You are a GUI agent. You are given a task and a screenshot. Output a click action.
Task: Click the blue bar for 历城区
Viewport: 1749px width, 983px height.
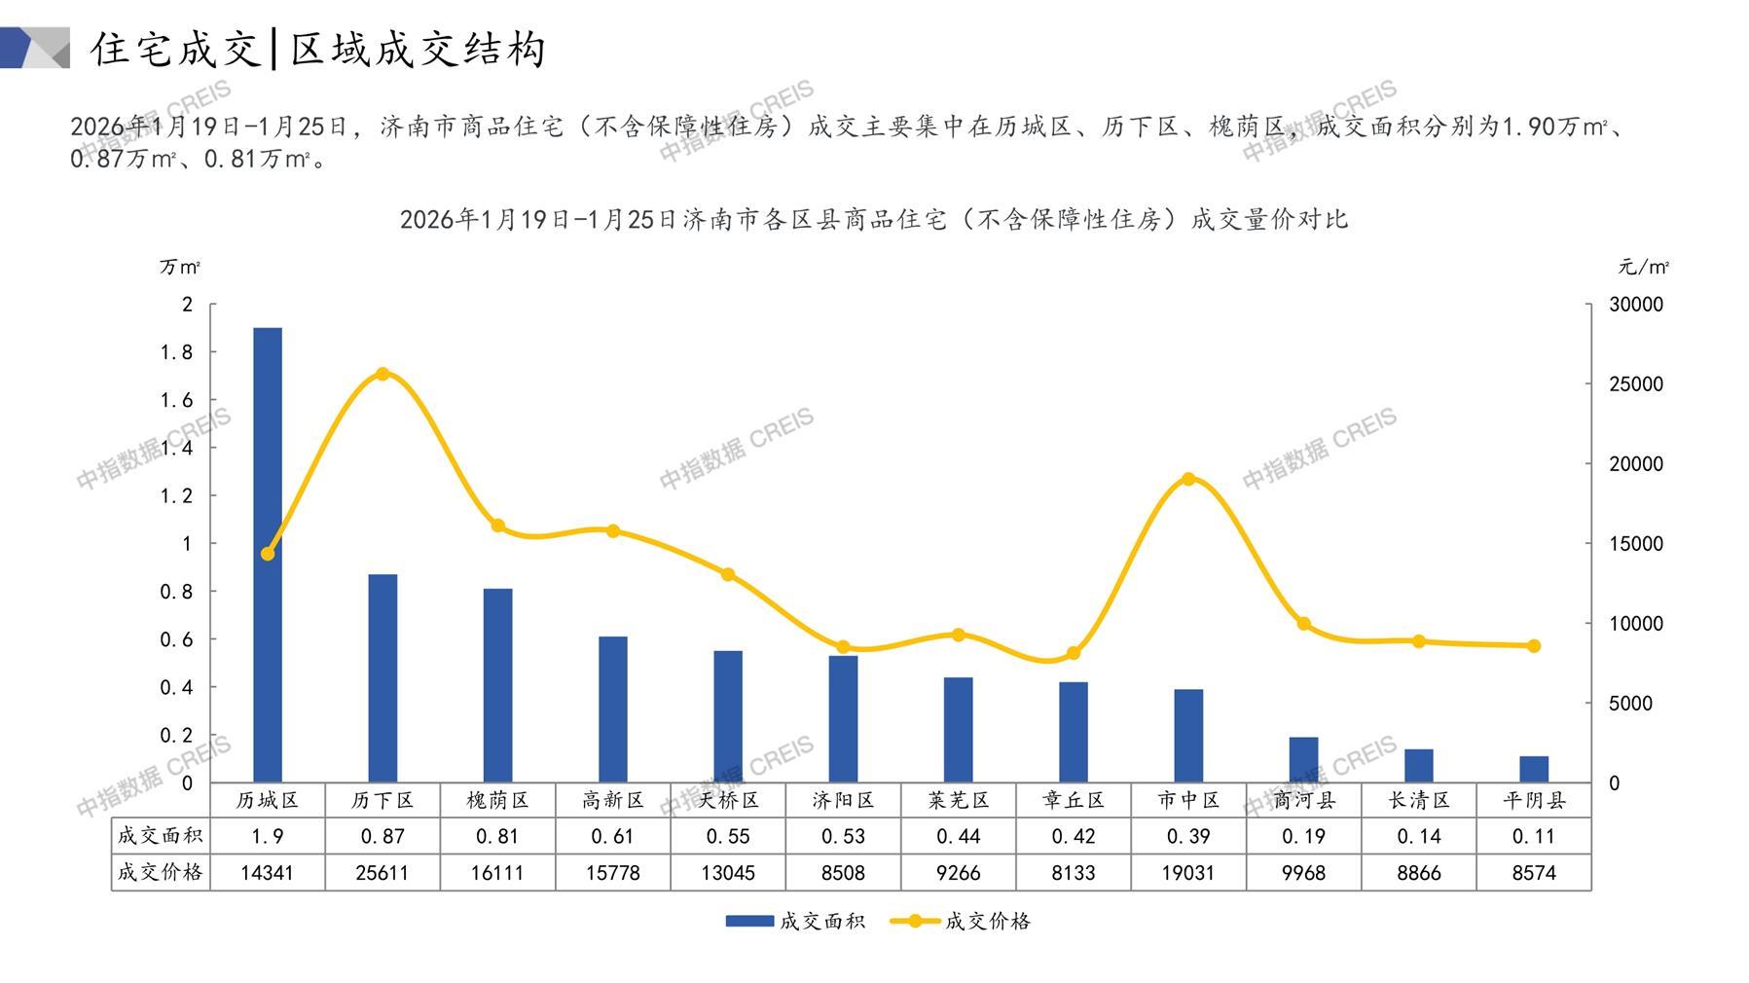click(x=268, y=555)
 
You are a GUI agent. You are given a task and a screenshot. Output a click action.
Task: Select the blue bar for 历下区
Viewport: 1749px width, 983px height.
click(x=383, y=678)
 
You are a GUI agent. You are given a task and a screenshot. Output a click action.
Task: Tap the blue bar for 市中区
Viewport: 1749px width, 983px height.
click(x=1188, y=736)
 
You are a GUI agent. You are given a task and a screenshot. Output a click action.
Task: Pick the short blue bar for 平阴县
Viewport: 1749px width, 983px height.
click(x=1534, y=769)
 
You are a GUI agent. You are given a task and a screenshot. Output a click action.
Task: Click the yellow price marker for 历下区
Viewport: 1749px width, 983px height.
click(x=383, y=374)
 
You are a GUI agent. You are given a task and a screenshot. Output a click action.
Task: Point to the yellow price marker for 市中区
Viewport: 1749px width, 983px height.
click(x=1188, y=479)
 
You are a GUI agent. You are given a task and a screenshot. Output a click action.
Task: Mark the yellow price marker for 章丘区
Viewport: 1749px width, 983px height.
click(x=1074, y=653)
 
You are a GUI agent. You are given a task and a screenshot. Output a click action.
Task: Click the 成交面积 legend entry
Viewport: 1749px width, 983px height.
click(x=795, y=921)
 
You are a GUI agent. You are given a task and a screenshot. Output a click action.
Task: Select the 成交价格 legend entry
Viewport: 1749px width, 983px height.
click(x=961, y=921)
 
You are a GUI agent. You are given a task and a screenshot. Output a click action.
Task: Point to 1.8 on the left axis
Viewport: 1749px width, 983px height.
click(x=176, y=352)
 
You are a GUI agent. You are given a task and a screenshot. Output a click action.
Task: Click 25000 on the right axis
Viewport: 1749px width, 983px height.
click(x=1636, y=384)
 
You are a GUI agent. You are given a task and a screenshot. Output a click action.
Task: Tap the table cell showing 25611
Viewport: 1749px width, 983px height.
click(x=383, y=873)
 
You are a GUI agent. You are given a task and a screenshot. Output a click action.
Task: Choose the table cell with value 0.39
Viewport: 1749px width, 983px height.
click(x=1188, y=836)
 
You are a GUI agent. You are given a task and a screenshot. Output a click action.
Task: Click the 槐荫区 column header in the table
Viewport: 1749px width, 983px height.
click(x=497, y=800)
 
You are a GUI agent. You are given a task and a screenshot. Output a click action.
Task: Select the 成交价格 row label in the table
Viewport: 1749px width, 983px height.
click(x=161, y=872)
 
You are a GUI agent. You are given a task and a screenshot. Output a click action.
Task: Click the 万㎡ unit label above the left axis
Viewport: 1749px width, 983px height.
click(x=180, y=267)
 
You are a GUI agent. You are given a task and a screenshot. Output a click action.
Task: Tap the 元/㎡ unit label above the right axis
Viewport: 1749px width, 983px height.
click(x=1644, y=267)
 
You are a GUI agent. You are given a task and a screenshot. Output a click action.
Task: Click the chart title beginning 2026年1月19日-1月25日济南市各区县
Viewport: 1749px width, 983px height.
click(x=873, y=219)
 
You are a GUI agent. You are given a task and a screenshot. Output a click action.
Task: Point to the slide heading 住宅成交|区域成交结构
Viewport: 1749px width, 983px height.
click(x=318, y=49)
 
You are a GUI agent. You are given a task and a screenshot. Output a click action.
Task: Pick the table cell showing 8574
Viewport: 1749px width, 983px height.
click(x=1534, y=873)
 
